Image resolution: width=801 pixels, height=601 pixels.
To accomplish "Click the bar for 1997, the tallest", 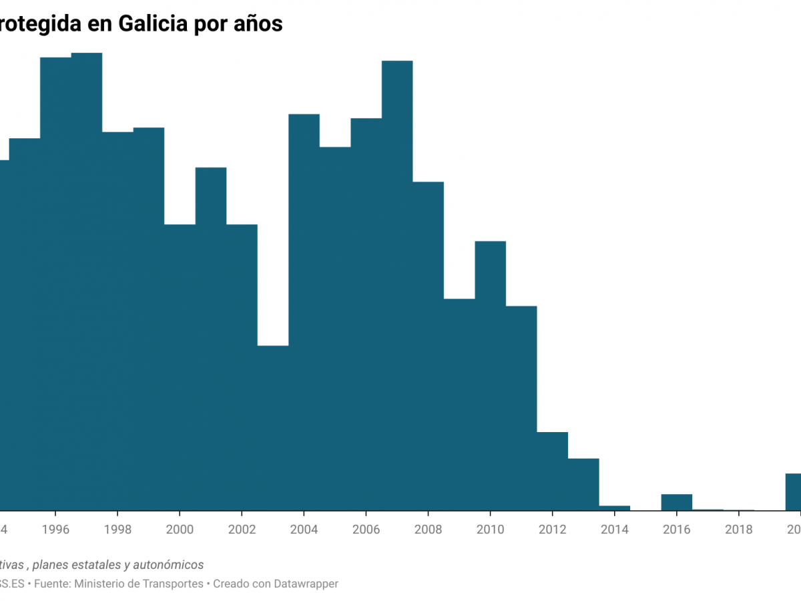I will (87, 280).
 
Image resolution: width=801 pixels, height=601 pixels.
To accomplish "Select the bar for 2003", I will (273, 427).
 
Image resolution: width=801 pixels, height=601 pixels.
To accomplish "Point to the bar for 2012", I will (553, 471).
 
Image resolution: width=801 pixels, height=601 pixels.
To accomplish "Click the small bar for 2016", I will (677, 502).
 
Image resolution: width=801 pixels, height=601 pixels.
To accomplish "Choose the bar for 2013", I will (583, 484).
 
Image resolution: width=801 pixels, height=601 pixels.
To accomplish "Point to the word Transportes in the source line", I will (172, 584).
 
